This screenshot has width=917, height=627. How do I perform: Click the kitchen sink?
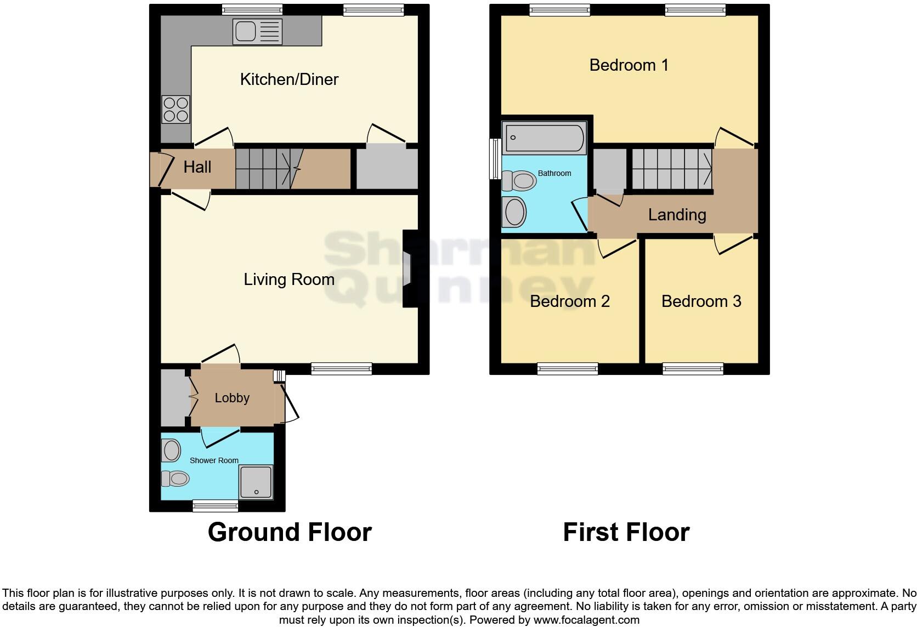257,31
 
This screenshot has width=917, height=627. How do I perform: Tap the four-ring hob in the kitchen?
176,109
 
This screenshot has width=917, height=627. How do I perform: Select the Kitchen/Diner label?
289,79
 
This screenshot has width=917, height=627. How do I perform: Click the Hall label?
197,167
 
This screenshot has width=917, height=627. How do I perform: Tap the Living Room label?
289,280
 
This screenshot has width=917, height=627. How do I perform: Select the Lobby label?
232,398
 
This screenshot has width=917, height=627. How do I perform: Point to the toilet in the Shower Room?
175,479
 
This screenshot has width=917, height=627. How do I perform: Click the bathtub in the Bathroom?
544,138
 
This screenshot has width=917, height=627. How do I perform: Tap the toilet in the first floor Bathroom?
519,180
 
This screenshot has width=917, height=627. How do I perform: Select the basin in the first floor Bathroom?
514,212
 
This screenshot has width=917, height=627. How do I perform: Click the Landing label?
677,215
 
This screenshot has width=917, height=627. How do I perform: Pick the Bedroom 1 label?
629,65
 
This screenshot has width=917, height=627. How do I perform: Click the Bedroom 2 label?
569,301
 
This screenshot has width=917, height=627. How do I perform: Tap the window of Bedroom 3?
693,369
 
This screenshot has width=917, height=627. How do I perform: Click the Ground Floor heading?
290,532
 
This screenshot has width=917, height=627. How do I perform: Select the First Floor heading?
626,532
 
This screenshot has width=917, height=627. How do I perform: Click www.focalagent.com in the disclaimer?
586,620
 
